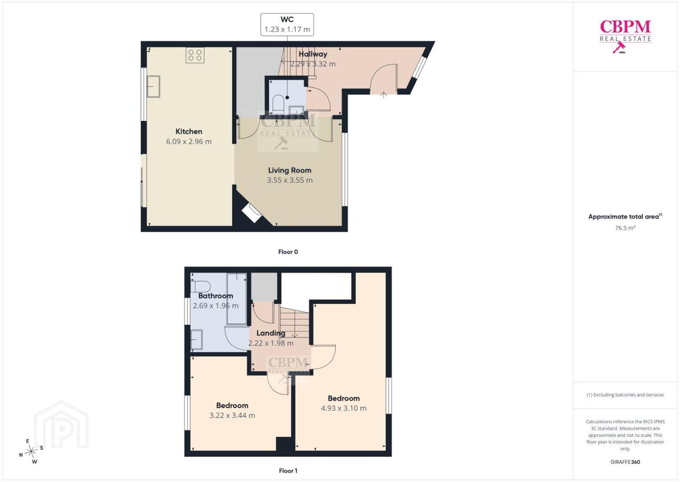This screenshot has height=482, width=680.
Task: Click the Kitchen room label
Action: pos(188,131)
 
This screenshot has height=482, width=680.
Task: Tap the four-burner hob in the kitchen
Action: pos(195,55)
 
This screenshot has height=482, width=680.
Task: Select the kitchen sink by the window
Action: pos(153,87)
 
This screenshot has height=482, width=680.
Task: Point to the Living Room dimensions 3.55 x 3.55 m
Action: pos(290,180)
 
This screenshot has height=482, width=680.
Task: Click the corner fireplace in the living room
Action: pos(252,213)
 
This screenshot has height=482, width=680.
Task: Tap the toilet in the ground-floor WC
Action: pos(278,104)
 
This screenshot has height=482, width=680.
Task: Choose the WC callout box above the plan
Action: pos(287,25)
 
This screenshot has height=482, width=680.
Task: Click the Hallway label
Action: pos(313,54)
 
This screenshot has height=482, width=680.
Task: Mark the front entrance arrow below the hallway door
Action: pos(383,95)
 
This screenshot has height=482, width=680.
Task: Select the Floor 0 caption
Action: pos(288,252)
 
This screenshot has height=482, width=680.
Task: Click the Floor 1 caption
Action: pos(288,471)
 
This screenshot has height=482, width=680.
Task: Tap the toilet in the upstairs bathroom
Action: pos(201,287)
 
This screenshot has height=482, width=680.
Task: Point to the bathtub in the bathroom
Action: pos(237,299)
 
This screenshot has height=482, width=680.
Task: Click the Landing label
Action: pos(271,333)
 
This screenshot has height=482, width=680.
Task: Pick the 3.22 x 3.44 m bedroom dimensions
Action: pos(232,416)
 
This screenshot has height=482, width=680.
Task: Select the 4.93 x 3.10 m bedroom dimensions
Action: pos(344,408)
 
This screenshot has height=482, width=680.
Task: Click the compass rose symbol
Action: pos(31,452)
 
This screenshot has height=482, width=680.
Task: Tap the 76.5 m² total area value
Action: pos(625,228)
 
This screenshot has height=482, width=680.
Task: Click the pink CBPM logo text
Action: pos(625,27)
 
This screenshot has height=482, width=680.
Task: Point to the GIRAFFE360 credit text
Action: pos(625,462)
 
